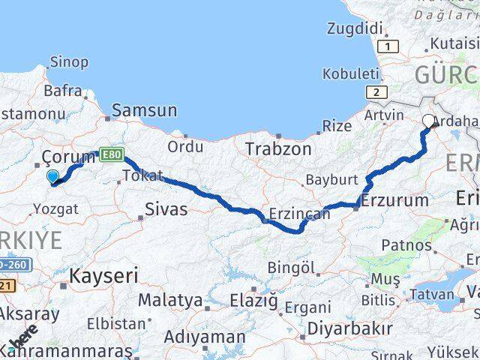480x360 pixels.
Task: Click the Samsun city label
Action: (x=145, y=111)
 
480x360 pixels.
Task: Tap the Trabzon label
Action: (x=278, y=149)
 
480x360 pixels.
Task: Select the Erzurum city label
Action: (x=394, y=200)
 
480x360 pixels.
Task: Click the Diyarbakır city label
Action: (x=351, y=328)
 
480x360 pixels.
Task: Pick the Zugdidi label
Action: (x=355, y=29)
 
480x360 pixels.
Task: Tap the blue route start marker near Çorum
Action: (x=52, y=177)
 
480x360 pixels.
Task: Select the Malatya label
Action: (x=170, y=301)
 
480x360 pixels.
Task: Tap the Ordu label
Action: (x=185, y=146)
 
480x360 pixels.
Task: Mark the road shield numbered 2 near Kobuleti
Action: (x=376, y=92)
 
